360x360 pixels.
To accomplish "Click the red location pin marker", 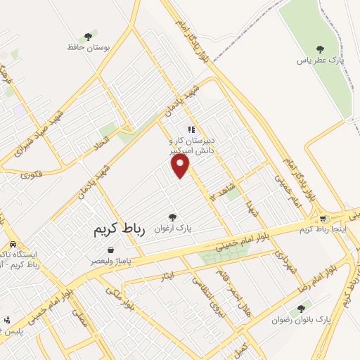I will coord(181,166).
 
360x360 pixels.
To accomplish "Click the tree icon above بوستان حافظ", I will coord(88,36).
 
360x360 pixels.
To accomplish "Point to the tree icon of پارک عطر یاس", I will coord(320,49).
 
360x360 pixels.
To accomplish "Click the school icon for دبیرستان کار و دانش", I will coord(191,129).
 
